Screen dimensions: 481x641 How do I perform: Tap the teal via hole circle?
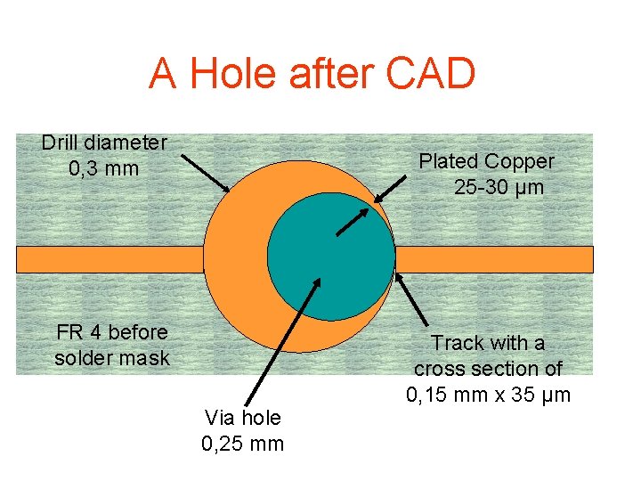330,258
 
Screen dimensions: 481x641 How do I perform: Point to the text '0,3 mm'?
104,167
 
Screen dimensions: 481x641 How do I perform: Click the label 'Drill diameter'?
104,143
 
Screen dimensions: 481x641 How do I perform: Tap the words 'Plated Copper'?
486,161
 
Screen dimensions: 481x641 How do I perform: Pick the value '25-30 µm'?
499,188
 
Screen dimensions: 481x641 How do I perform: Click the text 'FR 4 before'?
111,332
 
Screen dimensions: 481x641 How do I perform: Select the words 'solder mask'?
111,358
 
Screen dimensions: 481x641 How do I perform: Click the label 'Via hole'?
242,417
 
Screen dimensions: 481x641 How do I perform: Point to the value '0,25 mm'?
242,443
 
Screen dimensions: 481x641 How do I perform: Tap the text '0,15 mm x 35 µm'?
488,394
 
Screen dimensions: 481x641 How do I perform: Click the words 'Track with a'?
488,343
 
